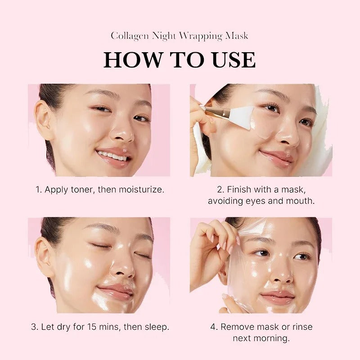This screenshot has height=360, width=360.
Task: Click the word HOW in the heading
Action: coord(130,60)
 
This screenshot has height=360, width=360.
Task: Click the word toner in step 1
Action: coord(82,189)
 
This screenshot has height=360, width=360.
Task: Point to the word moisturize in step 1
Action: coord(141,189)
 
